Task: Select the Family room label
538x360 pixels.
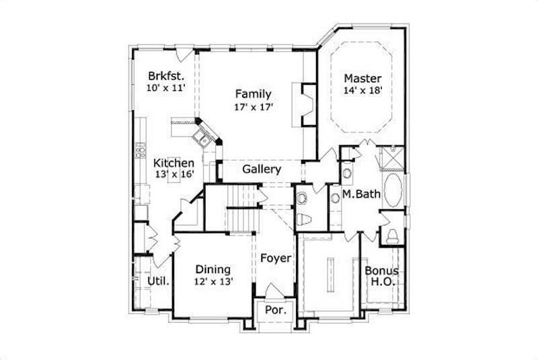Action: [253, 94]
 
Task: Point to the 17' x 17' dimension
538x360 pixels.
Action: [253, 106]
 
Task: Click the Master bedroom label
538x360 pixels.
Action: [363, 78]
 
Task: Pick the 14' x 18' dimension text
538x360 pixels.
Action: [363, 90]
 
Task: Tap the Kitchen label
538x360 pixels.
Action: [174, 163]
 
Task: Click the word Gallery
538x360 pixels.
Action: [262, 168]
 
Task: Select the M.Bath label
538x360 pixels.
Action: [362, 194]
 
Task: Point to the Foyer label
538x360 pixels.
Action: [276, 258]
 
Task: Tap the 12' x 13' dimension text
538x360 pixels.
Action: [213, 282]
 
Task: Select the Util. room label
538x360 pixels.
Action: [157, 281]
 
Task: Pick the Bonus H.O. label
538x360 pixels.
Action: [382, 277]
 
